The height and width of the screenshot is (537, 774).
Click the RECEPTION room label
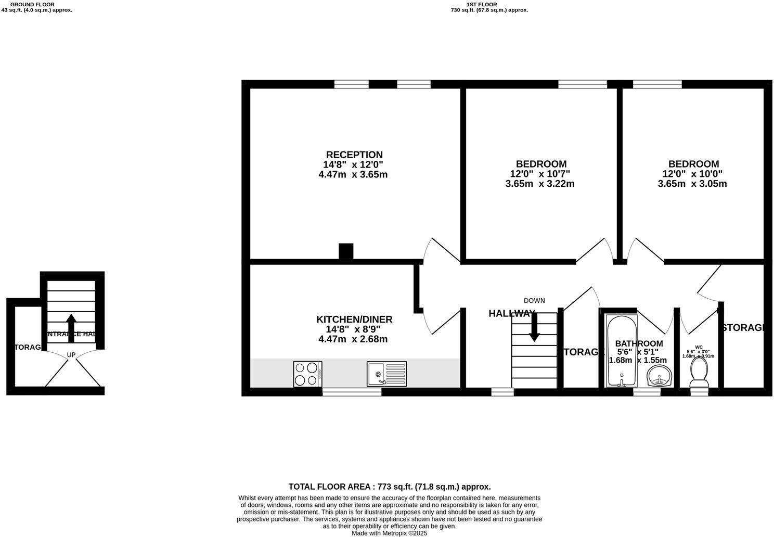354,155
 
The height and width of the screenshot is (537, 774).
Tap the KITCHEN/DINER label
354,319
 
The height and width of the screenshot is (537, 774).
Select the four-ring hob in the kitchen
307,374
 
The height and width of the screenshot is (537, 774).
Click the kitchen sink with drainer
386,374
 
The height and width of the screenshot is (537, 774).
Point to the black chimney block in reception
346,251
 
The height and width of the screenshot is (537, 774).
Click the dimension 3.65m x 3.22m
540,184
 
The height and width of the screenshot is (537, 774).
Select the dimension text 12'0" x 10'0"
692,174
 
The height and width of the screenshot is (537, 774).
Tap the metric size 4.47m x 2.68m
354,339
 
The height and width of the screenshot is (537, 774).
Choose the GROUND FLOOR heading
32,4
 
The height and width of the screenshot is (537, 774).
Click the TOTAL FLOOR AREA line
390,487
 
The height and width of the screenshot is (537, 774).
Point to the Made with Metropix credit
389,533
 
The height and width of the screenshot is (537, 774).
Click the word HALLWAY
512,313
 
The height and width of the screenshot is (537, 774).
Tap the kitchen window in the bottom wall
352,392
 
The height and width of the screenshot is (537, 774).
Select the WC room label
699,347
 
